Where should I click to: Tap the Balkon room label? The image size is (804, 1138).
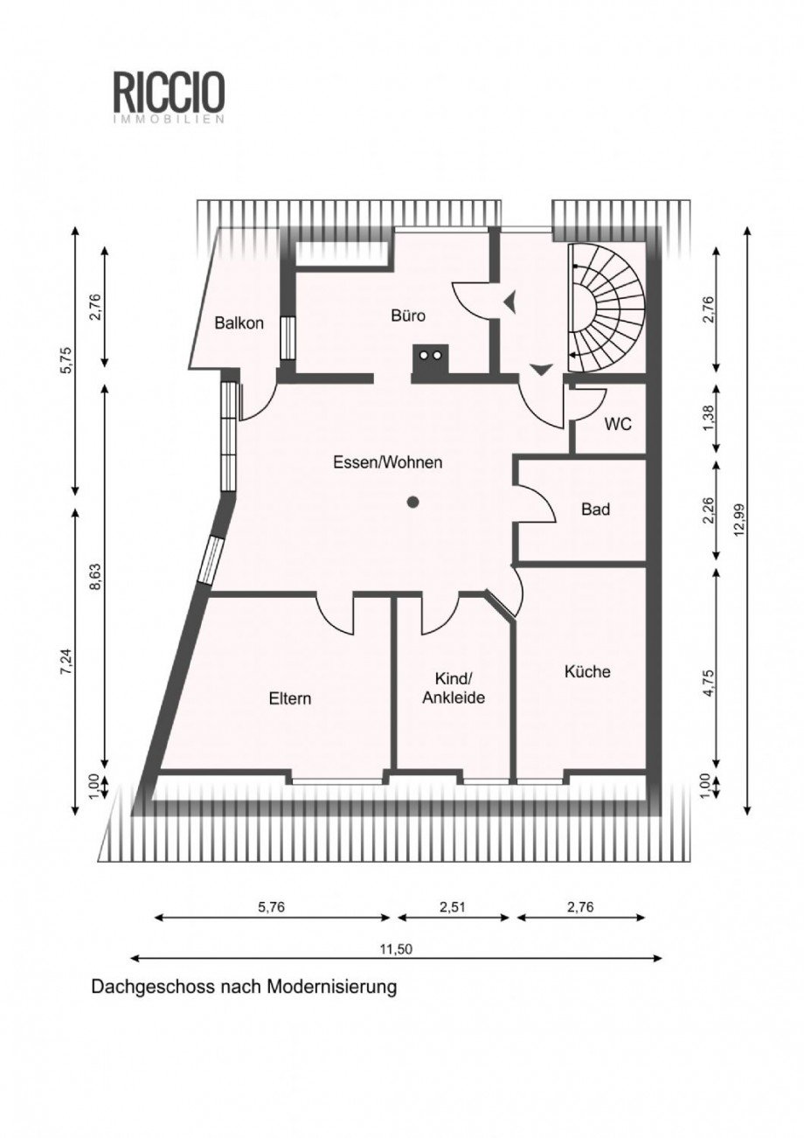tap(239, 323)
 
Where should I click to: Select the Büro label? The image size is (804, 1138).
tap(408, 316)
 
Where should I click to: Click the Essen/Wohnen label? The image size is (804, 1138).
tap(387, 463)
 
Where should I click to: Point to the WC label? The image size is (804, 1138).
tap(618, 424)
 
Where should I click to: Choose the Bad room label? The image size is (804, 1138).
tap(596, 509)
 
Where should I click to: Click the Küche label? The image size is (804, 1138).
tap(587, 671)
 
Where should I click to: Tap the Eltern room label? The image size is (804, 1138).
tap(290, 698)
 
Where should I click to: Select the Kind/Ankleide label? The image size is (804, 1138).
tap(454, 688)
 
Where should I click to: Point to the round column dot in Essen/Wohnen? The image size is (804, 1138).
tap(412, 503)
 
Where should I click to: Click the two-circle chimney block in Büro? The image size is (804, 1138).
tap(430, 363)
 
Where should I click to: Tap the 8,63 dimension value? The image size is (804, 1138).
tap(96, 577)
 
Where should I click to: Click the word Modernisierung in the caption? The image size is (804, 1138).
tap(332, 987)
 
